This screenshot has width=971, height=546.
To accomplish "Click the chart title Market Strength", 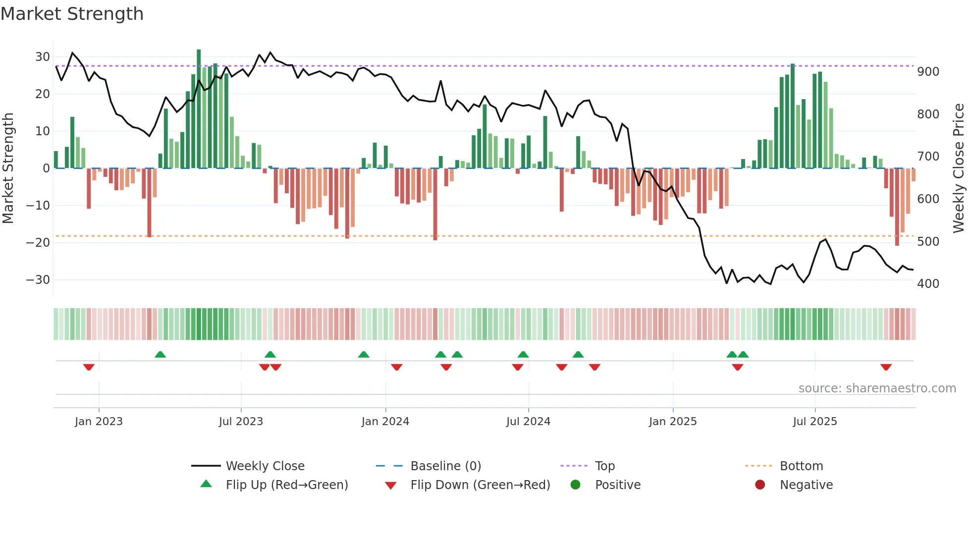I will point(72,14).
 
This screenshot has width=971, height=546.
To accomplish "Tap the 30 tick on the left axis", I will point(43,57).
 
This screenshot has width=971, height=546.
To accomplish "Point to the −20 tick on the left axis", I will point(39,243).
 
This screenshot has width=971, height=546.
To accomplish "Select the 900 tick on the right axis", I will point(928,72).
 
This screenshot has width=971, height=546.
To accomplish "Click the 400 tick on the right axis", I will point(928,284).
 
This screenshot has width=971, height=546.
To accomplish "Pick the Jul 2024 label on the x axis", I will point(528,422).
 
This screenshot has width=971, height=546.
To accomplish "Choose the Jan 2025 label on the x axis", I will point(673,422).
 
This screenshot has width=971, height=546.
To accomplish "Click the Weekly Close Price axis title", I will point(959,168).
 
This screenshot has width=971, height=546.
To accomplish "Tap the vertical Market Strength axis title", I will point(8,168).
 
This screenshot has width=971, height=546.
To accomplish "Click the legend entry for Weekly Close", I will point(265,466).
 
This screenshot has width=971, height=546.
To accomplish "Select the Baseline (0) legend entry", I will point(445,466).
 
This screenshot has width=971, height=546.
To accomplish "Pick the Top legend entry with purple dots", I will point(604,466).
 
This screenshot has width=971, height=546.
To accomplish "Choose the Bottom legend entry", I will point(801,466).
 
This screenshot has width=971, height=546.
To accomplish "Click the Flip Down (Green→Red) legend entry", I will point(480,485).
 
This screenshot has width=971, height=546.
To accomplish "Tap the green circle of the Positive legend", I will point(575,485).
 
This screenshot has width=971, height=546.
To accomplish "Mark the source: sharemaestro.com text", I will point(877,388).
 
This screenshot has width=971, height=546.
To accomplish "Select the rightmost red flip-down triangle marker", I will point(886,367).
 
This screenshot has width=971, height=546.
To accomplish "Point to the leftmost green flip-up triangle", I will point(160,354).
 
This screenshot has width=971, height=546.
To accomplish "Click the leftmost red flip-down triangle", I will point(89,367).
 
